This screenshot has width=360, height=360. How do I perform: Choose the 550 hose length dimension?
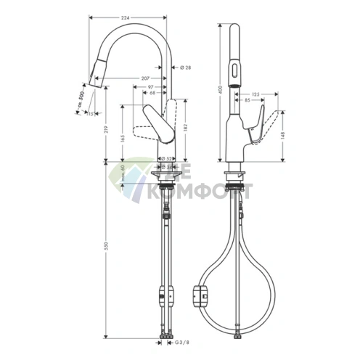click(107, 247)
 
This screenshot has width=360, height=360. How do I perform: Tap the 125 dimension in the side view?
click(255, 94)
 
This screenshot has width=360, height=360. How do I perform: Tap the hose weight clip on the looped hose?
click(200, 294)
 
